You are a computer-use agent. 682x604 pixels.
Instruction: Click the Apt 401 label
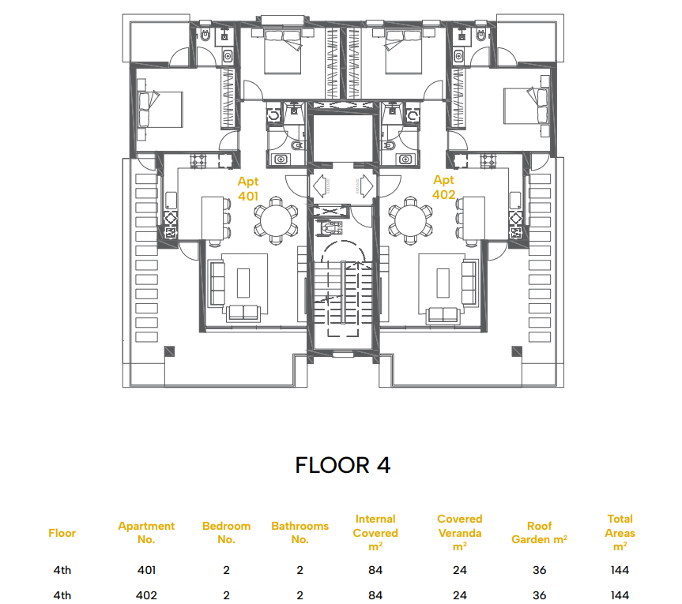[x=248, y=189]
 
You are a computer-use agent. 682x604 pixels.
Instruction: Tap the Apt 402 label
[x=443, y=187]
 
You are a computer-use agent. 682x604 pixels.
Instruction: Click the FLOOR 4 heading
[x=343, y=465]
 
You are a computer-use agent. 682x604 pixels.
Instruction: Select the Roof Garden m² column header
[x=539, y=533]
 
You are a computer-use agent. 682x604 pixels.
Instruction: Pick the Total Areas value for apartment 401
[x=620, y=570]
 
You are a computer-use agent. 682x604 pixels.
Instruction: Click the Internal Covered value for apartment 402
[x=375, y=595]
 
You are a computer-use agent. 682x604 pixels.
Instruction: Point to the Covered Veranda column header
[x=460, y=533]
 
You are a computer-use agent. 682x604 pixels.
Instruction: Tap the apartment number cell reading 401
[x=146, y=570]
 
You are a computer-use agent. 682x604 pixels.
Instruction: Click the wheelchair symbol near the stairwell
[x=330, y=227]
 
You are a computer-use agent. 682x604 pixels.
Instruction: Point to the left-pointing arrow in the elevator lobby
[x=320, y=186]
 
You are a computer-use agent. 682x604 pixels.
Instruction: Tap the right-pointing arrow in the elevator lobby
[x=366, y=186]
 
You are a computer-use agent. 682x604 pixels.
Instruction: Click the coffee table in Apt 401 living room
[x=243, y=283]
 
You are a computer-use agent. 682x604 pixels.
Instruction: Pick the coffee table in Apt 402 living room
[x=443, y=283]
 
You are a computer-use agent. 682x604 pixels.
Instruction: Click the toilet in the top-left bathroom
[x=205, y=35]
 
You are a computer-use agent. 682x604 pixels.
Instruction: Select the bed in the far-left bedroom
[x=160, y=109]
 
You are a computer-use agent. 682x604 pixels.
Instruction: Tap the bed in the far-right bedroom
[x=526, y=107]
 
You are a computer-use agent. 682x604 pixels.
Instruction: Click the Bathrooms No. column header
[x=300, y=533]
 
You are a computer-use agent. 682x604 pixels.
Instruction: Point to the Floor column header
[x=62, y=533]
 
